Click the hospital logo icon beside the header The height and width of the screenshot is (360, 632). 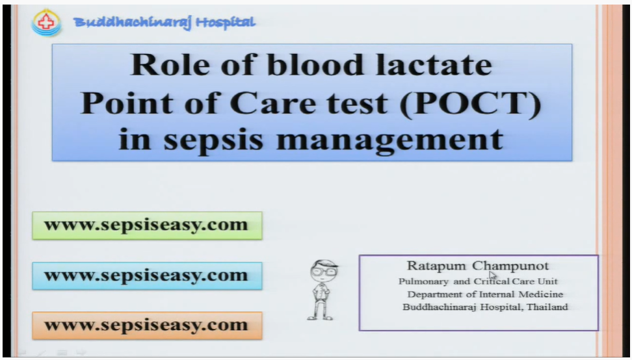[46, 23]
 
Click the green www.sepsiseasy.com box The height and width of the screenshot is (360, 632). [147, 225]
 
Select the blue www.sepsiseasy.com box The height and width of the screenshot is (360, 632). [147, 276]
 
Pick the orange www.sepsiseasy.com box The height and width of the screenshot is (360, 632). [147, 325]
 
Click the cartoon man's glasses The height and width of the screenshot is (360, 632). [323, 272]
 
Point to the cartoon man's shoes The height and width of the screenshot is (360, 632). [319, 316]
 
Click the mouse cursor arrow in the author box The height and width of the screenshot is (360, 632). [493, 276]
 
